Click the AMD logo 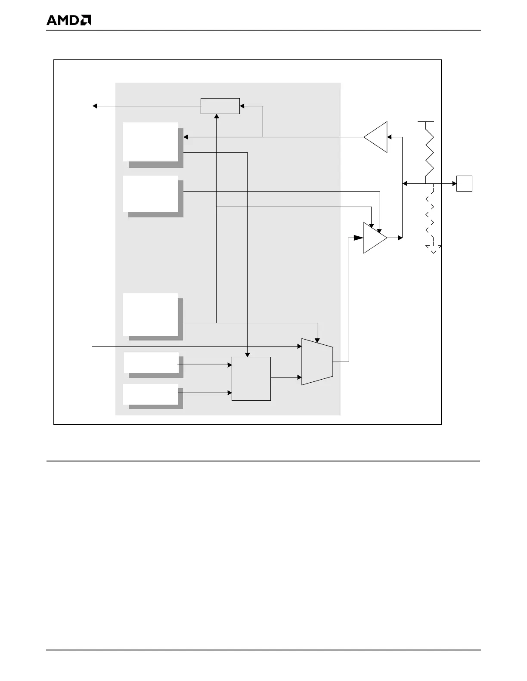68,20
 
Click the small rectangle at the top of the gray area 220,106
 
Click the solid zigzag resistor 429,153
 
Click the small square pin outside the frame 464,183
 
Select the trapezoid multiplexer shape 317,362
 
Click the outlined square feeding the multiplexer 251,378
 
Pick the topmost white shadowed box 151,142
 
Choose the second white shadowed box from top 151,193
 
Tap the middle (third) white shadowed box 151,314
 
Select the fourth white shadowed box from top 151,362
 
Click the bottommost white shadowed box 151,394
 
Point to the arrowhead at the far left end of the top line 95,106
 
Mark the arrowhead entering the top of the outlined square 248,354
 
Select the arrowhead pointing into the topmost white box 186,137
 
